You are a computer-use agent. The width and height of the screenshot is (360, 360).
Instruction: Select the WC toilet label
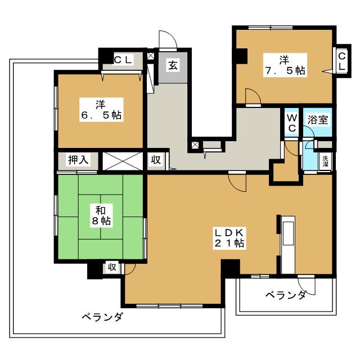pos(292,123)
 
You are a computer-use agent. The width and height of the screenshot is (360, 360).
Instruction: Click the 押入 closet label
pos(78,160)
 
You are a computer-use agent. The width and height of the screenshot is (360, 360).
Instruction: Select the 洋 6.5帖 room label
pos(101,110)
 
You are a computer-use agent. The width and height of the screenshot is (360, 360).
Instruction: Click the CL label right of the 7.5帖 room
pos(342,60)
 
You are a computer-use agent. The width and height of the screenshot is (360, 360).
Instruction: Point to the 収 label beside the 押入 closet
pos(156,160)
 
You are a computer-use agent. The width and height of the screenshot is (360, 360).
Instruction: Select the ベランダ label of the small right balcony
pos(286,295)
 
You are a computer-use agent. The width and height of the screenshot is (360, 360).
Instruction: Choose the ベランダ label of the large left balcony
pos(102,317)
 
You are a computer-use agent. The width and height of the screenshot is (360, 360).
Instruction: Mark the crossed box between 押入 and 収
pos(124,160)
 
